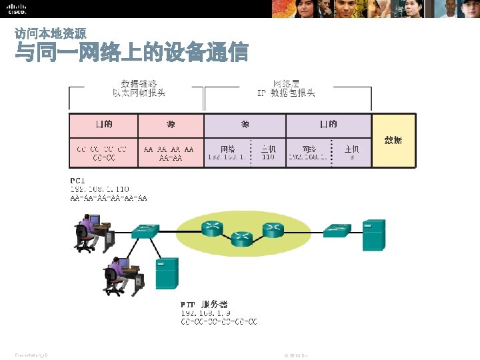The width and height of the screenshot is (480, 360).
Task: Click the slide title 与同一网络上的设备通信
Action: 131,52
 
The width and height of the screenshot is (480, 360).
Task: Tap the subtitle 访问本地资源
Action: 50,33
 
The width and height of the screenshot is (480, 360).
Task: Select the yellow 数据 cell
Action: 393,140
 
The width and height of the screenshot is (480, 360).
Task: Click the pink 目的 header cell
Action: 104,125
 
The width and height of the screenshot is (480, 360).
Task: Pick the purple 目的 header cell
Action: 328,125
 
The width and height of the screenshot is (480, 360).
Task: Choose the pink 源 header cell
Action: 171,125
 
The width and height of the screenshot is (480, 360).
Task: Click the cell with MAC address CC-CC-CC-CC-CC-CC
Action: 104,153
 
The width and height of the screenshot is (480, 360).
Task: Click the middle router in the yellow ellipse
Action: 242,238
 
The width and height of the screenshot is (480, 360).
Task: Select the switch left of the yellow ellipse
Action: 144,231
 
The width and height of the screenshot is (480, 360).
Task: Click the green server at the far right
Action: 374,235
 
